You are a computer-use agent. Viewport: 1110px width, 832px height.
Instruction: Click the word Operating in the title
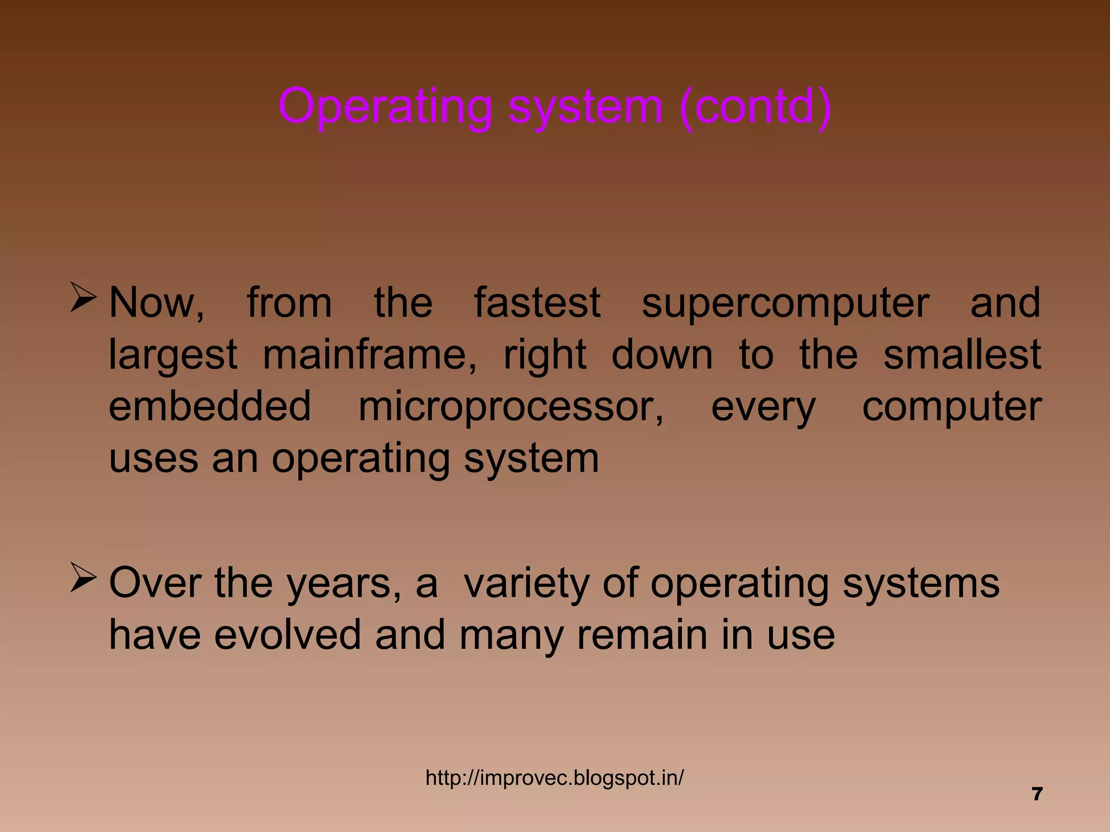(385, 107)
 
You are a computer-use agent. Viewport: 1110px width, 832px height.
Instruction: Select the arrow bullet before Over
(83, 578)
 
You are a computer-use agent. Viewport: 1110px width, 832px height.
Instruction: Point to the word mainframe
(369, 355)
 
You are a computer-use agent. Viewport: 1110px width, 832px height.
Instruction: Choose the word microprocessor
(511, 407)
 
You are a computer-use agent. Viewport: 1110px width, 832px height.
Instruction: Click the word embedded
(210, 406)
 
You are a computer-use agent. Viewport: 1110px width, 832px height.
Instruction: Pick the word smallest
(962, 354)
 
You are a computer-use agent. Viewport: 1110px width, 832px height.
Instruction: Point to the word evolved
(287, 635)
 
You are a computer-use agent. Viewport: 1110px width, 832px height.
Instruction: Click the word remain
(643, 635)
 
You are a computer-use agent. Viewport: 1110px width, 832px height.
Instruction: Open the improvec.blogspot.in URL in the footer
(554, 778)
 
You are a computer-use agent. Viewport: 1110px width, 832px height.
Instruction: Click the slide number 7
(1037, 794)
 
